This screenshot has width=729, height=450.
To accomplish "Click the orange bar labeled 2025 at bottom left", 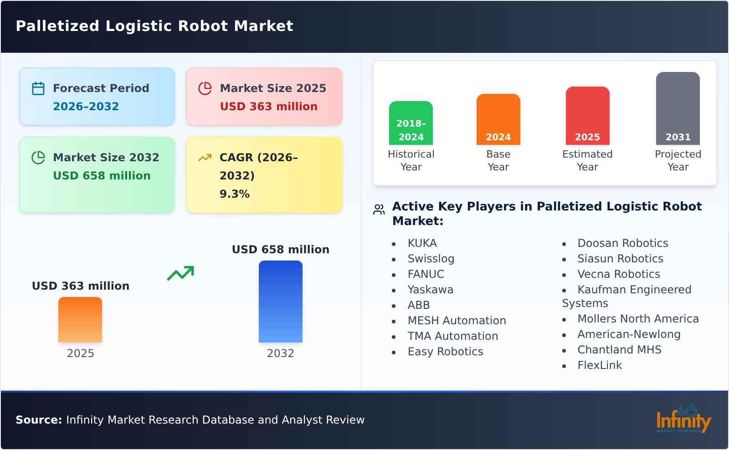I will point(80,320).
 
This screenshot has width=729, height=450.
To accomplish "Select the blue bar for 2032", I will point(280,302).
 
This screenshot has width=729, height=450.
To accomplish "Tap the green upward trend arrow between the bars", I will point(180,273).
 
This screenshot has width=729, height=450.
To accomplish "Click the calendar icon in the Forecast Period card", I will point(38,88).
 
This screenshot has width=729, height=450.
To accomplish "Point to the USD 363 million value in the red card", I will point(268,107).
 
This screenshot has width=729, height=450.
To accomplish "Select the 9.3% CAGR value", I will point(235,194).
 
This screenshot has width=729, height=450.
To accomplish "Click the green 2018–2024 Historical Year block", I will point(411,123).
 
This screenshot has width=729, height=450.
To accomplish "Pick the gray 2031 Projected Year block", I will point(678,108).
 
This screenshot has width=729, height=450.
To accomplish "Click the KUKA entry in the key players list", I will point(422,243).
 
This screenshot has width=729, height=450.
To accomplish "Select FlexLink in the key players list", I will point(599,365).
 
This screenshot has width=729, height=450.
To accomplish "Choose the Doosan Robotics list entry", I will point(622,243).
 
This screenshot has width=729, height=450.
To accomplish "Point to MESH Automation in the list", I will point(457,321).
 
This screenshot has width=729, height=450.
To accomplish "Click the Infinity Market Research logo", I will point(683,419).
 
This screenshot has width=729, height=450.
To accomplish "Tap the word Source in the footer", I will point(38,420).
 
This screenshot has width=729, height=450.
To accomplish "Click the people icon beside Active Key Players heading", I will point(379,210).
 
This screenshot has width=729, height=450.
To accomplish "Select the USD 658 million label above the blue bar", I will point(280,250).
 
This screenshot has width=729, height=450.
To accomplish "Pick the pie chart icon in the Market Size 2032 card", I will point(38,158).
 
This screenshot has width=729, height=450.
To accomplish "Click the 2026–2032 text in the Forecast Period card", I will point(86,107).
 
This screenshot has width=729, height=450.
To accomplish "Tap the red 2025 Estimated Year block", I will point(587,116).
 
